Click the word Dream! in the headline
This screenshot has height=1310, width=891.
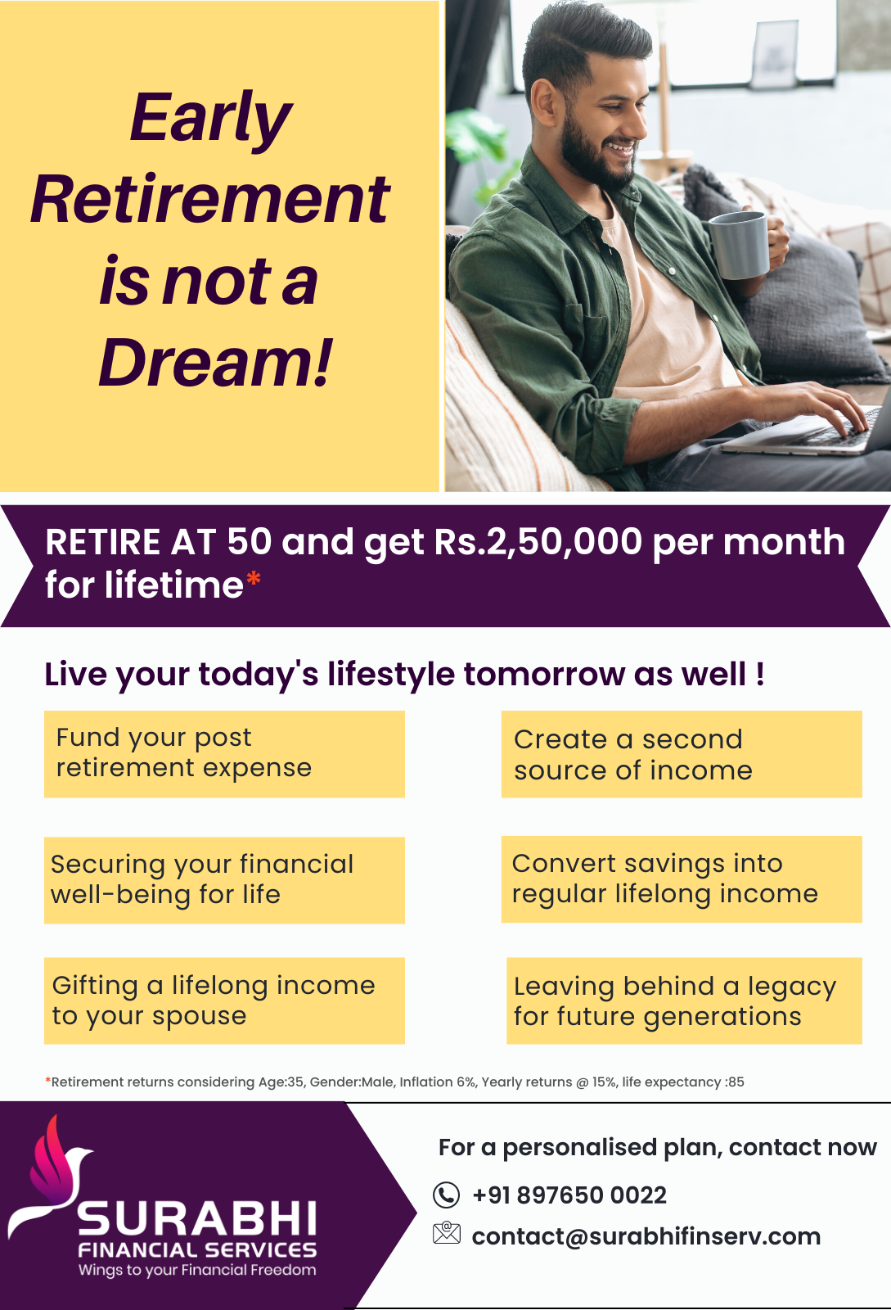click(216, 363)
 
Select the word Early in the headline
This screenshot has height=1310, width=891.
click(210, 118)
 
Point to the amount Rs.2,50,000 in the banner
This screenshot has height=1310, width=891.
click(538, 541)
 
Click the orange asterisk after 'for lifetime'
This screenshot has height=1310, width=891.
click(254, 580)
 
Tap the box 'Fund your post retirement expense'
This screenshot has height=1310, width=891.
click(224, 754)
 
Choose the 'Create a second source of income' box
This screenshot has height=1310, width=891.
click(682, 754)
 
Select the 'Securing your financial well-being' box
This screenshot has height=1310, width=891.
click(224, 880)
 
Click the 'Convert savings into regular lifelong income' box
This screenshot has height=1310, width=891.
click(682, 879)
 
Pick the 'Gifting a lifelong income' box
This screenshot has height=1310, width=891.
click(224, 1001)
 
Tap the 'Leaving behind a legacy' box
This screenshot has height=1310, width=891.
click(684, 1001)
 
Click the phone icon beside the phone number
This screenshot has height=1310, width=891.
click(447, 1195)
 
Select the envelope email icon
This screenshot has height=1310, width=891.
click(447, 1233)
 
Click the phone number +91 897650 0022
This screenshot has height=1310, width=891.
click(569, 1195)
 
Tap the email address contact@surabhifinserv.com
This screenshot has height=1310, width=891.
click(646, 1236)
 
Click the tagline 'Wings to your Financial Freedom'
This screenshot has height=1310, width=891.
click(197, 1270)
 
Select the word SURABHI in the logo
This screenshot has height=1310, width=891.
click(197, 1219)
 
